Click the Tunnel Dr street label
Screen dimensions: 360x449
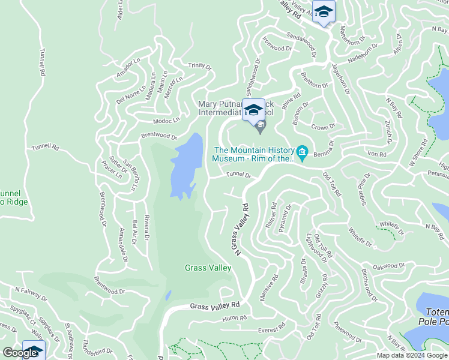pos(238,175)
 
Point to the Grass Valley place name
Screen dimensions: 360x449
pos(208,268)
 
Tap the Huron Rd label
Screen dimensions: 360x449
pos(234,318)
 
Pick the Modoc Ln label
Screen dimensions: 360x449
pos(166,120)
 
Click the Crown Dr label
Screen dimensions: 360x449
pos(323,127)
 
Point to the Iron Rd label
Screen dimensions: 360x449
pos(376,154)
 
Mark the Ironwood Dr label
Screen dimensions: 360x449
pos(276,48)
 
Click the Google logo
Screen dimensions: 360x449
pos(20,353)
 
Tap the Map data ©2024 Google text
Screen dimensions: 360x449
pos(411,355)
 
